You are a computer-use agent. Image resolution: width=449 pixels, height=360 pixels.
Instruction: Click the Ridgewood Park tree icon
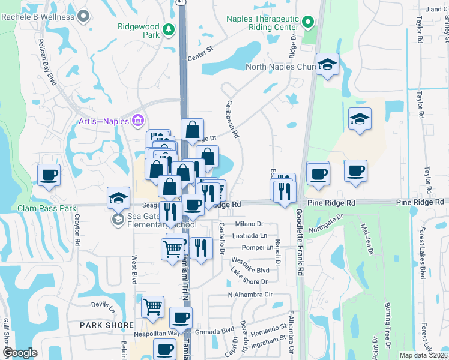coord(170,28)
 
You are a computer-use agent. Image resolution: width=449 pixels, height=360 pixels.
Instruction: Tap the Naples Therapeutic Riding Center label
coord(262,23)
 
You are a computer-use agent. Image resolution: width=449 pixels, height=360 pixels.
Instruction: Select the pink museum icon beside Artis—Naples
coord(137,121)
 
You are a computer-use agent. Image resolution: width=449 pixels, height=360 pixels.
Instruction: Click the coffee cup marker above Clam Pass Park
coord(49,175)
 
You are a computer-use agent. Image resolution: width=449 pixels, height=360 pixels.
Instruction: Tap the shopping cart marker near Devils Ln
coord(152,307)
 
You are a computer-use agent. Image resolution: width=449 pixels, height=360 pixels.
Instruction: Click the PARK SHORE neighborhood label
coord(107,325)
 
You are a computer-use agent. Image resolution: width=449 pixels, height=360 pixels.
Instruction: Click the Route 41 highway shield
coord(182,2)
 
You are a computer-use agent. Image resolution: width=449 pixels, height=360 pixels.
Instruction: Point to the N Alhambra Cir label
coord(250,294)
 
